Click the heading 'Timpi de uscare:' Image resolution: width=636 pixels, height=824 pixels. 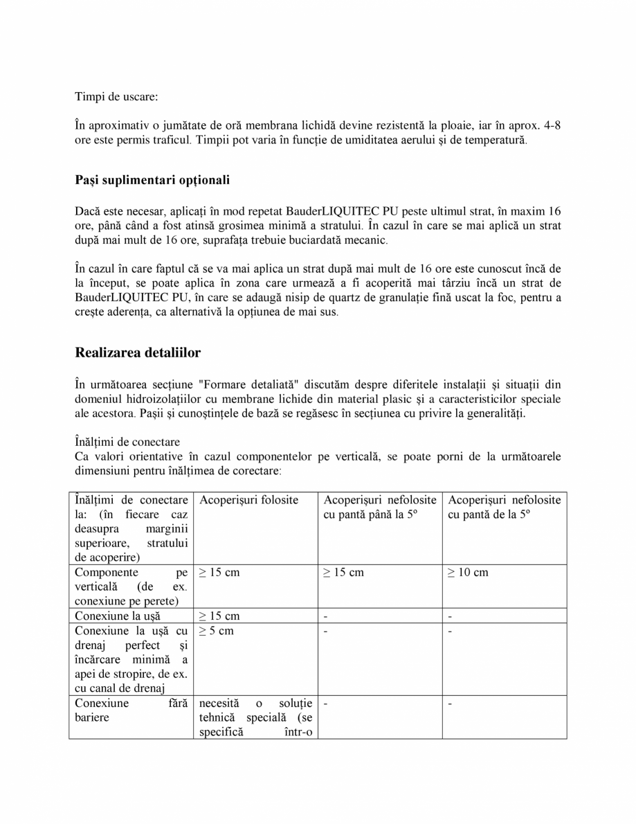tap(116, 97)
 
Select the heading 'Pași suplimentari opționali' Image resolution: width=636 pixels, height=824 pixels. tap(152, 180)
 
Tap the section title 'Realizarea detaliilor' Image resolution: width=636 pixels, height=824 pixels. tap(138, 352)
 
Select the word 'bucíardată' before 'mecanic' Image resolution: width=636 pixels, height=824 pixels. tap(314, 240)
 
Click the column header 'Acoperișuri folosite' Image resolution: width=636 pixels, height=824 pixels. tap(248, 499)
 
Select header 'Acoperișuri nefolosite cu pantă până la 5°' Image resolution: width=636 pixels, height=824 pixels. tap(379, 507)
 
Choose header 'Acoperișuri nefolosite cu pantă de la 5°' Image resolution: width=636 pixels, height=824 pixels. tap(504, 507)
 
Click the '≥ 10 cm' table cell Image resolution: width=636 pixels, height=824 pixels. tap(469, 573)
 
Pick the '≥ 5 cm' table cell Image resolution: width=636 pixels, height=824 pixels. tap(216, 631)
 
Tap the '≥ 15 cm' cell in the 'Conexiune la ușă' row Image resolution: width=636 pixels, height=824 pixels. tap(219, 616)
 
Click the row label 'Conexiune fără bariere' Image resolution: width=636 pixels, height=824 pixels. tap(131, 710)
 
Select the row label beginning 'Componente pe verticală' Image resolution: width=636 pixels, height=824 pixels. tap(131, 586)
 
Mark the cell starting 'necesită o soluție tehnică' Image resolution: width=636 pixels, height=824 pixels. tap(255, 717)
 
